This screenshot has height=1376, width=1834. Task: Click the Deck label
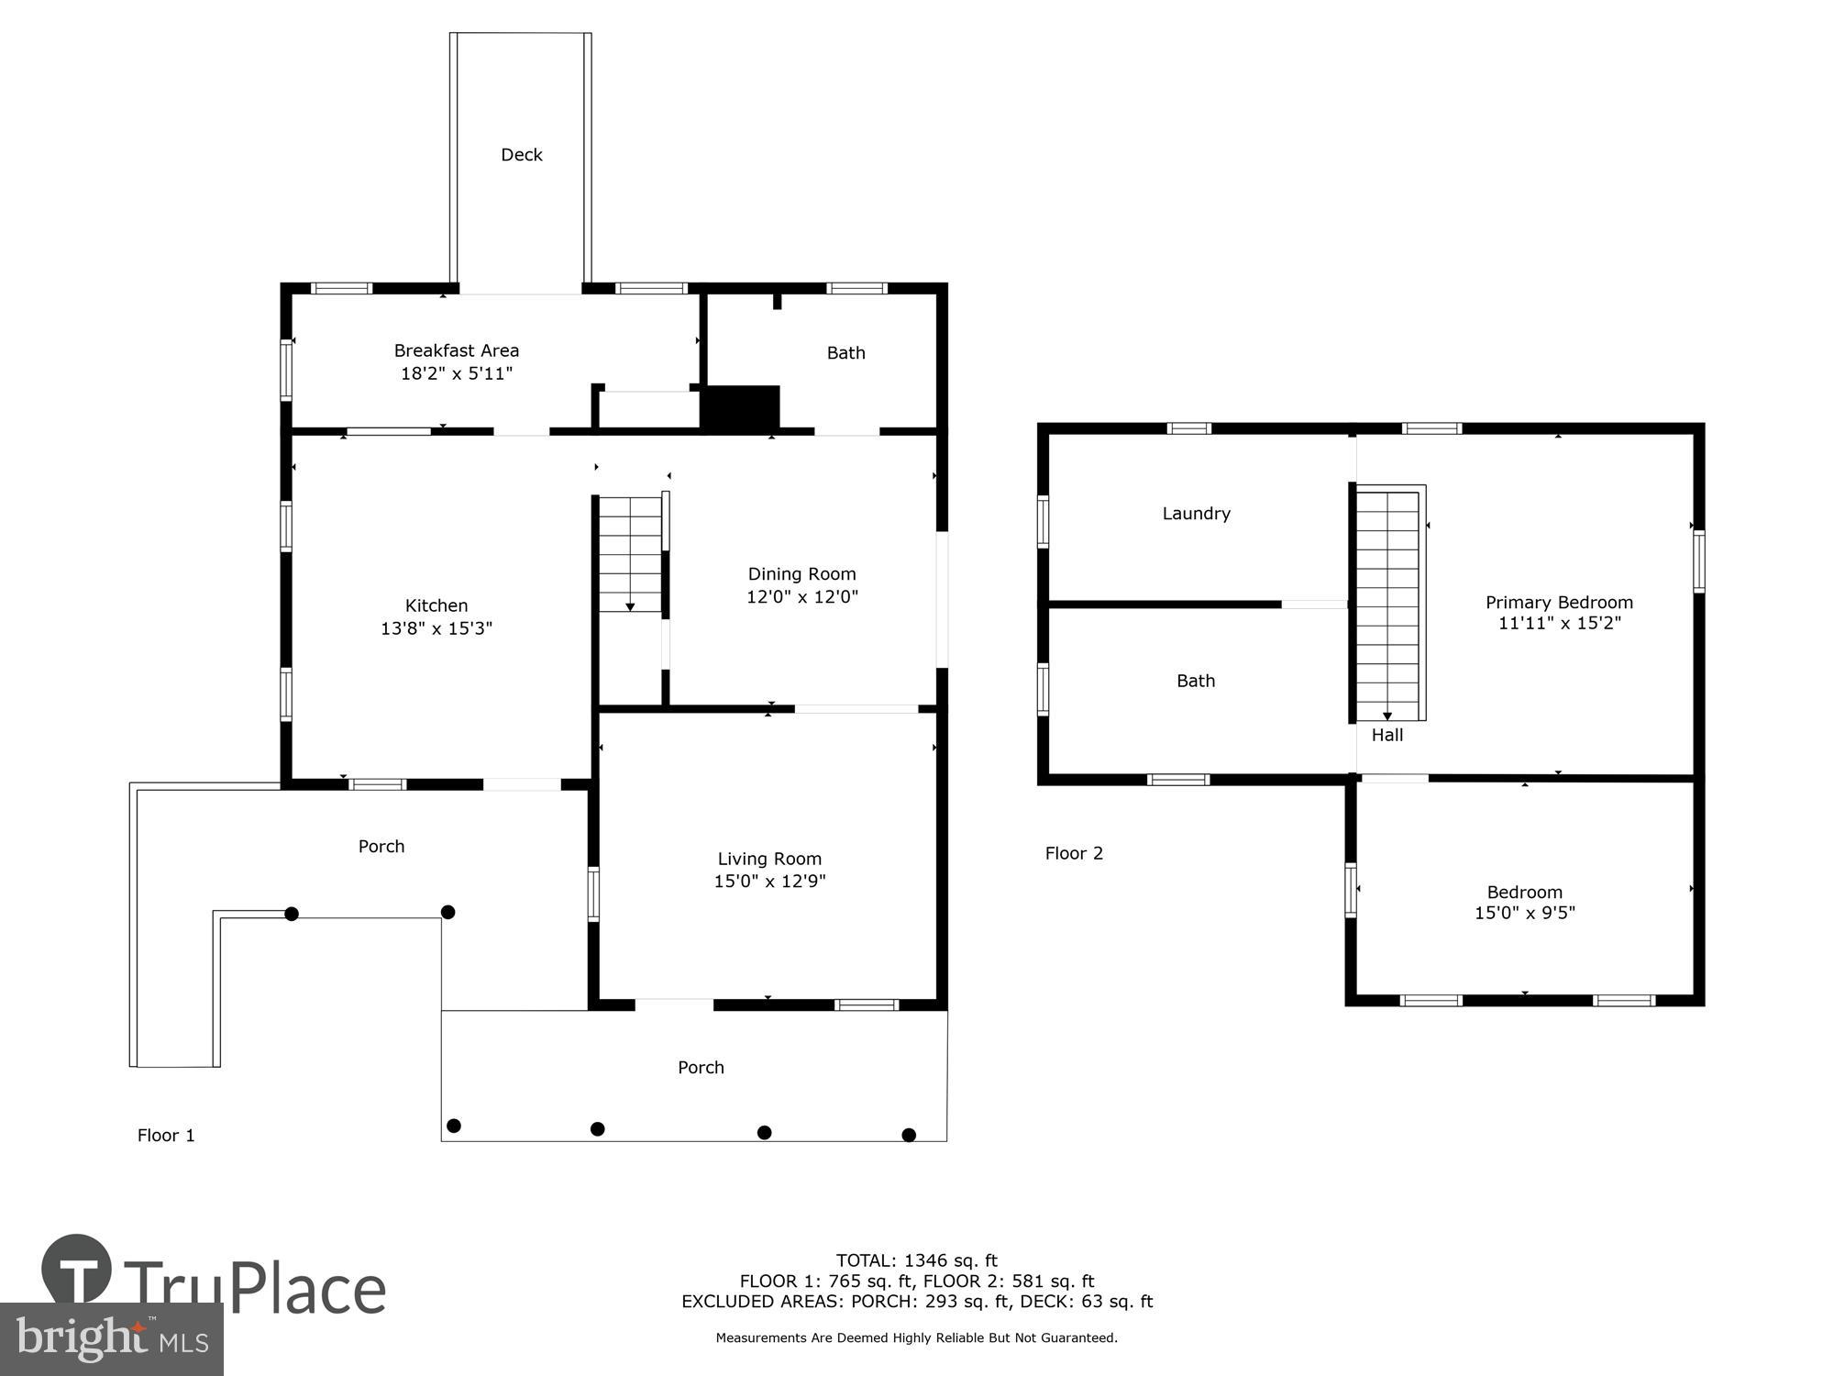tap(521, 155)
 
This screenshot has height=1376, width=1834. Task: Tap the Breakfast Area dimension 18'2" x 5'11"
tap(457, 373)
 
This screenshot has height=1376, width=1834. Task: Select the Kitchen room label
tap(436, 605)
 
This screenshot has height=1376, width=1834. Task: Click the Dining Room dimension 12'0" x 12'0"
tap(802, 596)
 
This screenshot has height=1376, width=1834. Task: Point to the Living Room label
tap(769, 859)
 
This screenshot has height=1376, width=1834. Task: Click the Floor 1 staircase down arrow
tap(630, 606)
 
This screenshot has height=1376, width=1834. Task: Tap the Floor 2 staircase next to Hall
tap(1387, 605)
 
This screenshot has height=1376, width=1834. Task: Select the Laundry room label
tap(1196, 514)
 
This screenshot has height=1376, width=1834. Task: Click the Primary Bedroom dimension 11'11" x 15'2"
tap(1559, 623)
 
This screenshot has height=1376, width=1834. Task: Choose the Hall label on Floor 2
tap(1387, 735)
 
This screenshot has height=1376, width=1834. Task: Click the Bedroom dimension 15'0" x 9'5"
tap(1524, 913)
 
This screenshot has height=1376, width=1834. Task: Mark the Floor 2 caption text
tap(1074, 853)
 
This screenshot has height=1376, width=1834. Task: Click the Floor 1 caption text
tap(166, 1136)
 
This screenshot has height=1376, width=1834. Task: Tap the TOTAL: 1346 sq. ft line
tap(916, 1260)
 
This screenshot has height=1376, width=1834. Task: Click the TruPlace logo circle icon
tap(77, 1270)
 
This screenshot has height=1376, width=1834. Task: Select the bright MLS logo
tap(111, 1339)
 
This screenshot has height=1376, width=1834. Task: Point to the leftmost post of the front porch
tap(453, 1126)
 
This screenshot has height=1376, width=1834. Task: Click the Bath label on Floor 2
tap(1196, 681)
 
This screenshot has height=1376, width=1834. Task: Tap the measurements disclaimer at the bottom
tap(916, 1337)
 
